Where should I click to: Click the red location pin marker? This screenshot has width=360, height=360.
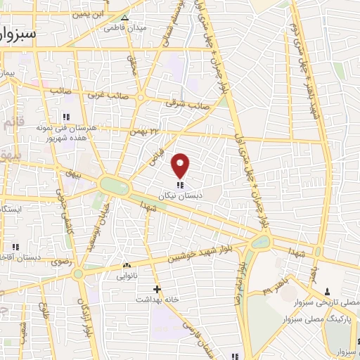181,165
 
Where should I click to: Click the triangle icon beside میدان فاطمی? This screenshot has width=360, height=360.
125,17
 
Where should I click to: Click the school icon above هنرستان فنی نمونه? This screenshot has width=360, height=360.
66,117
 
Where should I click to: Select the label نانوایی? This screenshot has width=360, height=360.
127,276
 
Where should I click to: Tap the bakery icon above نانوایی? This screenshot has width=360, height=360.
127,266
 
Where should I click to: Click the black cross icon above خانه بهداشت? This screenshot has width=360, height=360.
157,288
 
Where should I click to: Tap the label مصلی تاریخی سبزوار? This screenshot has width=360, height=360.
333,302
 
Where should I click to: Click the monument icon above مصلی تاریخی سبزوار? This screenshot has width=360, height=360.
328,290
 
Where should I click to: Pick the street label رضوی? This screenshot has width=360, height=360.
59,262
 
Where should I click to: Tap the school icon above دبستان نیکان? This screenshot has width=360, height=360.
181,185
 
